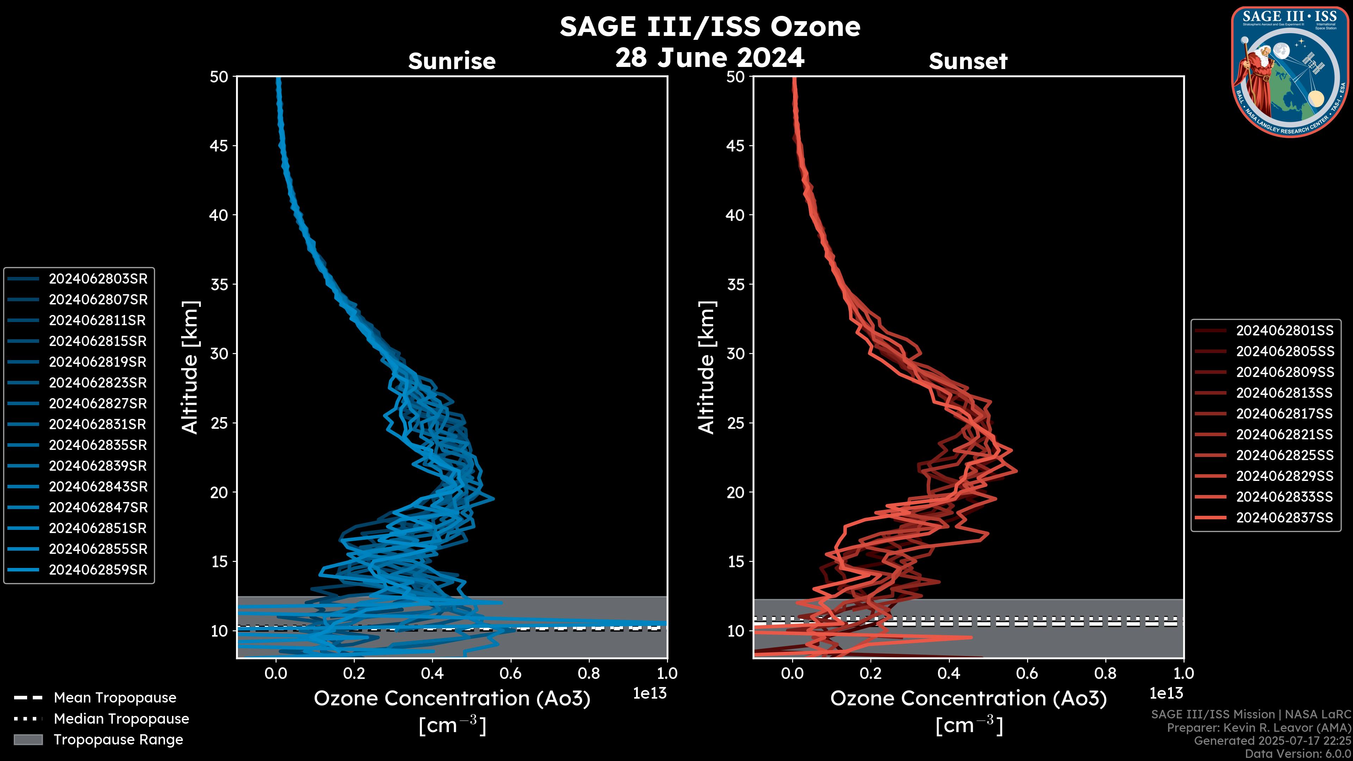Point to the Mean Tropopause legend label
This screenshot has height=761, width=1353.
(x=115, y=698)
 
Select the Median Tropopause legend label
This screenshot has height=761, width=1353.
(x=121, y=719)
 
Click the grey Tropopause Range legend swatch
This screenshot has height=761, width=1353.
(x=28, y=740)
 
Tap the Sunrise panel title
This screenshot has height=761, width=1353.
(x=452, y=61)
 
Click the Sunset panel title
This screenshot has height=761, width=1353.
(x=968, y=61)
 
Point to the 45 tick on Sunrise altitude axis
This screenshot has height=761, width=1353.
(x=219, y=146)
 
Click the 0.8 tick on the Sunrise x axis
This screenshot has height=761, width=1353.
(x=589, y=673)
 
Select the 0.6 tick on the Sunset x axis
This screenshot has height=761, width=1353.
(x=1027, y=673)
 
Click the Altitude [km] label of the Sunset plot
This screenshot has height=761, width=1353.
(x=706, y=367)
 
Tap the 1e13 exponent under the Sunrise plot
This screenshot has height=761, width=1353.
(x=650, y=694)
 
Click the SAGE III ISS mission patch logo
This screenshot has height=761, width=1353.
(x=1290, y=72)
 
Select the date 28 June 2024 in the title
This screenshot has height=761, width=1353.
(x=710, y=58)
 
